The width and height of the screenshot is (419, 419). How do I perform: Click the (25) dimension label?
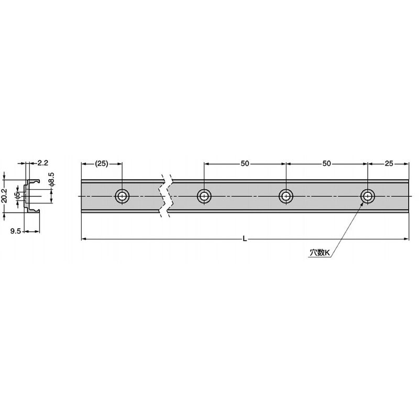[x=102, y=163]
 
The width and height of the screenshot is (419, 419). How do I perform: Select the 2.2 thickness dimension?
[x=42, y=163]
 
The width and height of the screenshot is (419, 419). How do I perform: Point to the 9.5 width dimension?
[x=16, y=231]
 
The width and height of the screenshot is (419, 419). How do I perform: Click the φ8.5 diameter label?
[x=52, y=179]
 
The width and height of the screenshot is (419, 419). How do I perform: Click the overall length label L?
[x=245, y=239]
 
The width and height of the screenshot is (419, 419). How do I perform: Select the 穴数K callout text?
[x=320, y=253]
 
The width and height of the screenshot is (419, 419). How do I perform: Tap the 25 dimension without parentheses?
[x=389, y=163]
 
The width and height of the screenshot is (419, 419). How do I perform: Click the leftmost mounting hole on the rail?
[x=122, y=196]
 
